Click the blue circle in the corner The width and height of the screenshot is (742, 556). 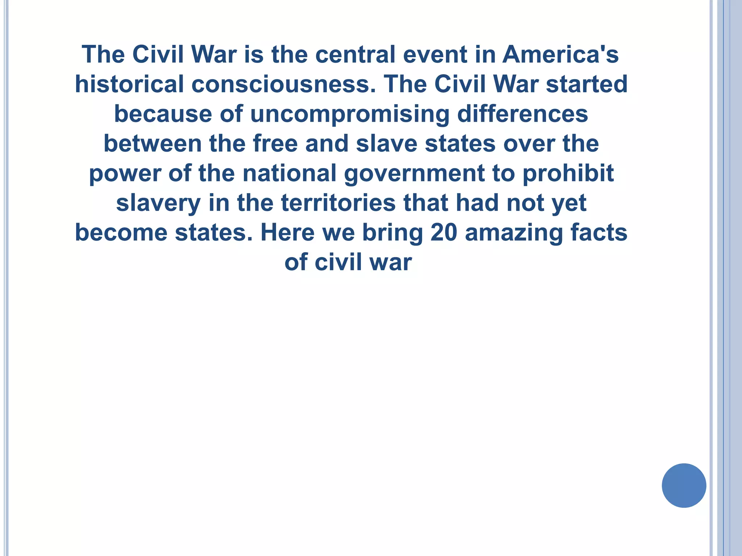684,485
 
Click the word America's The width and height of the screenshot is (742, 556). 560,54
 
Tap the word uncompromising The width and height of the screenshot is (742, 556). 350,114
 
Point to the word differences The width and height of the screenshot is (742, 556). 522,114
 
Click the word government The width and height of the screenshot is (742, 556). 414,174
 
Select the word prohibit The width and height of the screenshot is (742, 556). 568,173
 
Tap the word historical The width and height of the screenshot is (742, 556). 129,84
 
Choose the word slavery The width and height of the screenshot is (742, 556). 158,203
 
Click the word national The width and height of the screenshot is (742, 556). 289,173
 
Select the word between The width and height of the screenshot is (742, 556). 153,143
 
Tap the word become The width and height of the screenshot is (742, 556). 121,232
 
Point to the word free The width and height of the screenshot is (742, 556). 275,143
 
